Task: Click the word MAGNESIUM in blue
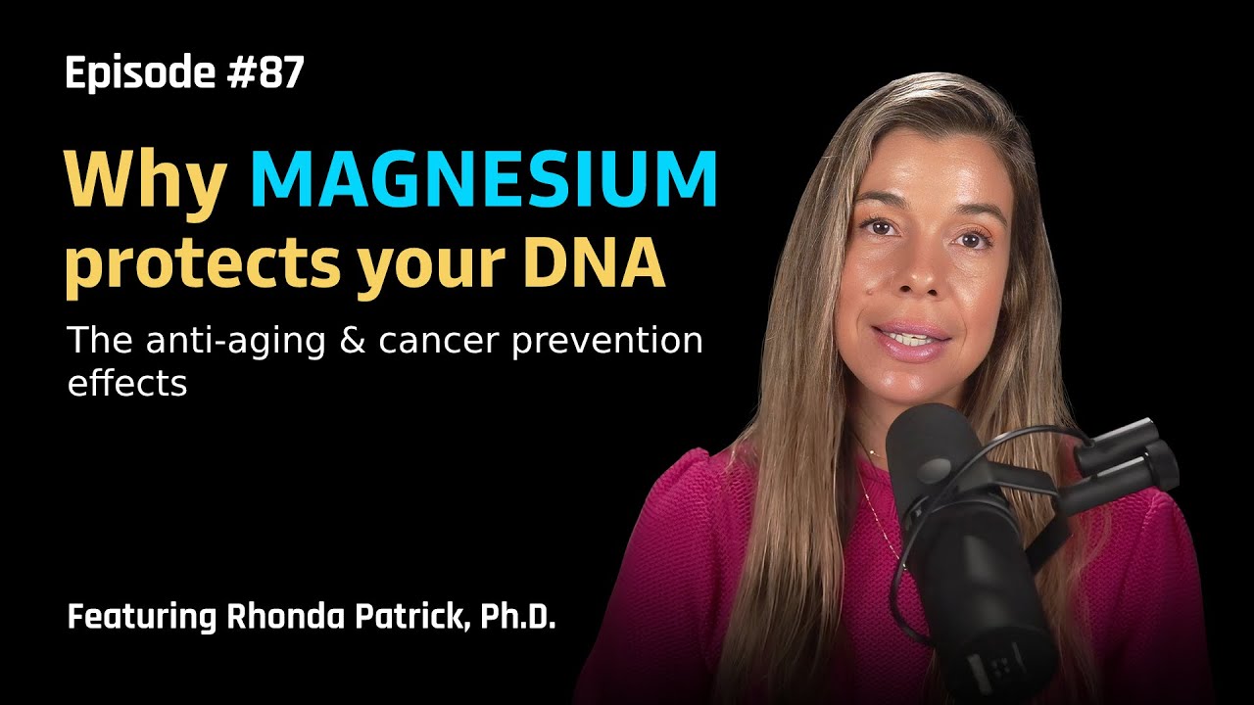click(484, 179)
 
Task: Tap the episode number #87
click(265, 72)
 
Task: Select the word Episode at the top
click(140, 72)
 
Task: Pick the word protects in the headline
click(204, 264)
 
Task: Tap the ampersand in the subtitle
click(352, 340)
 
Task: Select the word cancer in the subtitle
click(438, 342)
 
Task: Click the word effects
click(127, 383)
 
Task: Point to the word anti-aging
click(235, 343)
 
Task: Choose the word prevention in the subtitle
click(607, 343)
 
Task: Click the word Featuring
click(142, 618)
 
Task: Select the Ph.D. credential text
click(518, 617)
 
